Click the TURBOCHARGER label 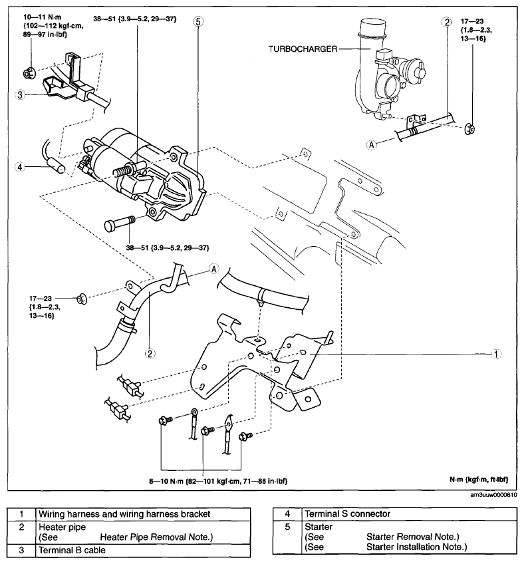[x=303, y=49]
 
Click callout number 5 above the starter [x=197, y=21]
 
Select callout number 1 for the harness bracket [x=496, y=354]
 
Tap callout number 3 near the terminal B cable [x=20, y=95]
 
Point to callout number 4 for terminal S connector [x=20, y=167]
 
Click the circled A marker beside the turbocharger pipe [x=372, y=144]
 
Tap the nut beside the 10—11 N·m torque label [x=29, y=73]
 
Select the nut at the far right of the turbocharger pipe [x=469, y=129]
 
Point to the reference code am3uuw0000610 [x=494, y=495]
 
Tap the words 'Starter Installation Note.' [x=416, y=547]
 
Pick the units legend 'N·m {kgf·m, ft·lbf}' [x=479, y=480]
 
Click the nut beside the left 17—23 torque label [x=82, y=299]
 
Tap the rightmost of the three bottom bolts [x=245, y=436]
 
